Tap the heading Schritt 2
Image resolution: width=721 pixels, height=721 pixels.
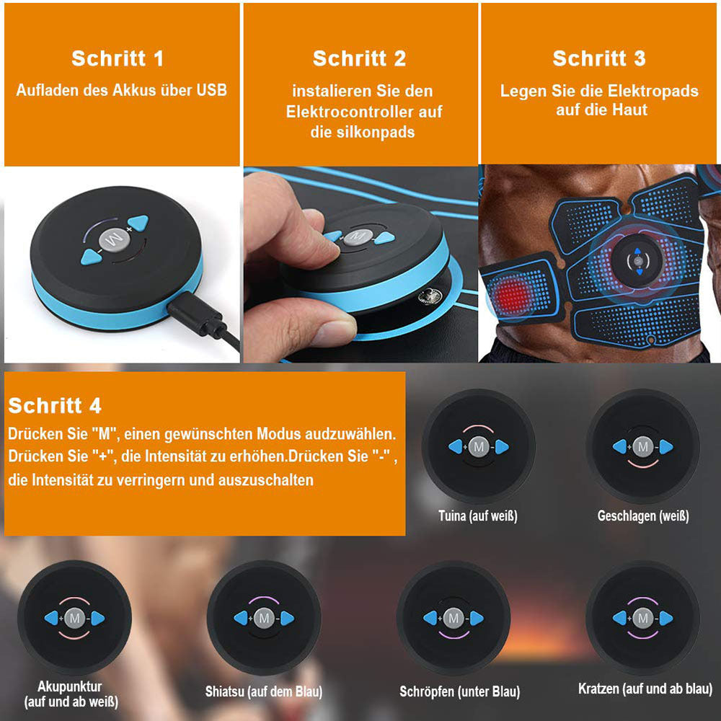(x=360, y=58)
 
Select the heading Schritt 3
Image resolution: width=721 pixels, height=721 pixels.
(x=599, y=58)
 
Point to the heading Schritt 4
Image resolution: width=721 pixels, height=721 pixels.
(x=55, y=405)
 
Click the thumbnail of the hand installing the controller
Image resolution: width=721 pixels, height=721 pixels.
(x=360, y=264)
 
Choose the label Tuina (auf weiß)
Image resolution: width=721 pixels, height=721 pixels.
(x=478, y=516)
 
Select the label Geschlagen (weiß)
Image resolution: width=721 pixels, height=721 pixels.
(x=643, y=516)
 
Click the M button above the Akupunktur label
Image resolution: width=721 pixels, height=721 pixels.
(x=75, y=618)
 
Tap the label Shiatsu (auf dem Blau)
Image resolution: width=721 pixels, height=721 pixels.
(x=263, y=691)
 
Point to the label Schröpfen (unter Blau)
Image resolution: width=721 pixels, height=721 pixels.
(x=460, y=691)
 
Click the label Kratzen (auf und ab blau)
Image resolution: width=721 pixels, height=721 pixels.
(x=645, y=689)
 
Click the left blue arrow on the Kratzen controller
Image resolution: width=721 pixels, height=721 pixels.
(x=619, y=618)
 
